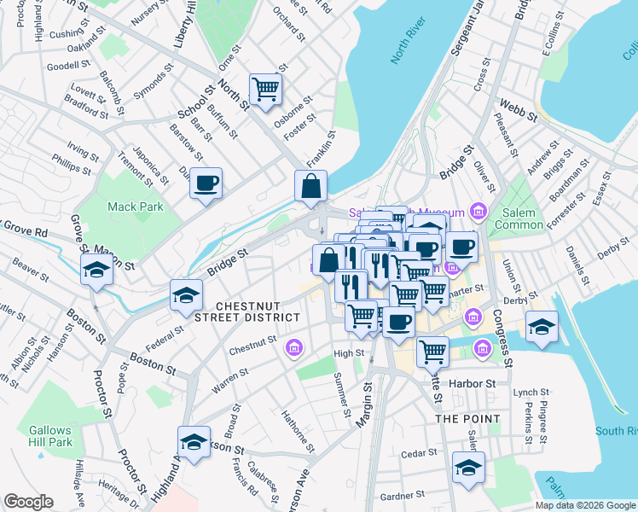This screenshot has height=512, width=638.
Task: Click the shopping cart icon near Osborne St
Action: click(265, 88)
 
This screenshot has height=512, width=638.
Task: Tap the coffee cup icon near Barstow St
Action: click(206, 182)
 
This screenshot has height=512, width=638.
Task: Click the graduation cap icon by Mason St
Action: click(96, 271)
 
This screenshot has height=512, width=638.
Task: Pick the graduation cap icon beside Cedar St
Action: click(468, 468)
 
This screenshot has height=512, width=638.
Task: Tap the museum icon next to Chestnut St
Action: click(295, 346)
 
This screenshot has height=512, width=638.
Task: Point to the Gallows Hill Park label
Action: click(49, 436)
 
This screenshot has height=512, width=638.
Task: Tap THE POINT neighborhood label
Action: click(466, 419)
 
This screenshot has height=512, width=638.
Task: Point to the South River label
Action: click(612, 430)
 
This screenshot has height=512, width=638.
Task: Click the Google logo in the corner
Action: click(28, 502)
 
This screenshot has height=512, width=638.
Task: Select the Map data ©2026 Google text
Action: click(585, 505)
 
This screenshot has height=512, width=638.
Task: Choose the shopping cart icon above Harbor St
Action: click(433, 349)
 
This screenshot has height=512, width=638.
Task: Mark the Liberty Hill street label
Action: click(188, 25)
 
